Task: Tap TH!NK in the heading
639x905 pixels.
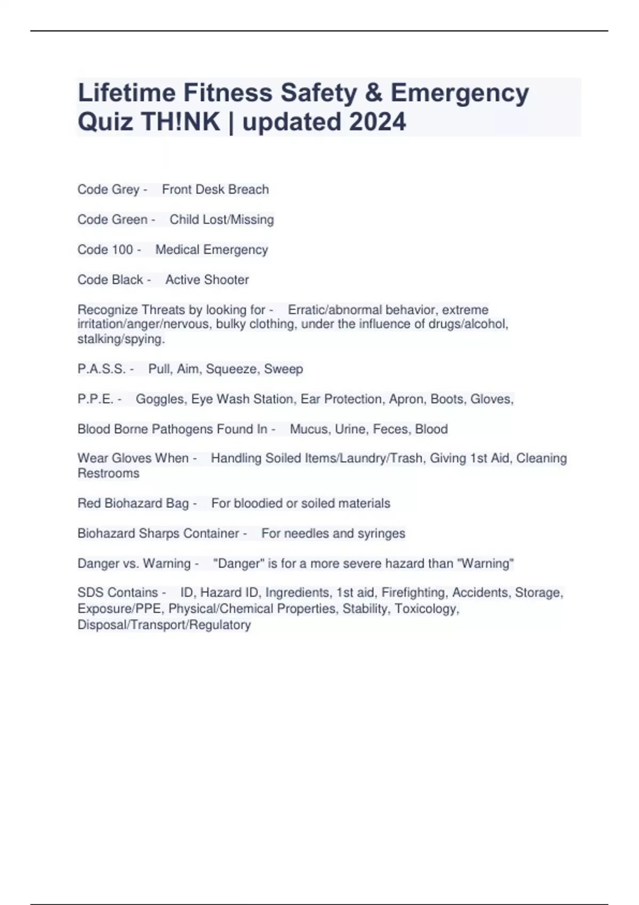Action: [x=181, y=122]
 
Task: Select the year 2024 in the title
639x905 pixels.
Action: [x=378, y=122]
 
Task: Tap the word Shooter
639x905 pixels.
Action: [x=227, y=279]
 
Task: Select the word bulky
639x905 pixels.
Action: [x=231, y=324]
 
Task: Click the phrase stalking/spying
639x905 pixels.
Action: [x=121, y=339]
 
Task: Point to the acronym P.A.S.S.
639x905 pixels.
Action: [x=102, y=369]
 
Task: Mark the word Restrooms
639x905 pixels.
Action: [x=108, y=473]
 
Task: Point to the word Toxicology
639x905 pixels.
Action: [x=427, y=608]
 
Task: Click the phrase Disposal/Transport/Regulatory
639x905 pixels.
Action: [x=164, y=624]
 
